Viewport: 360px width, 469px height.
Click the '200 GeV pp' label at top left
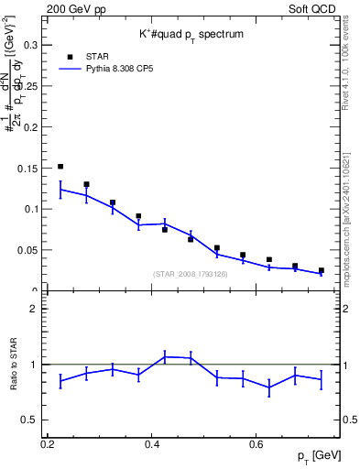pyautogui.click(x=74, y=7)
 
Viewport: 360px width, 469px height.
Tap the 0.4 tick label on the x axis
pyautogui.click(x=154, y=444)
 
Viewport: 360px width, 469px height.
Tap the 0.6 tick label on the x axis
pyautogui.click(x=259, y=444)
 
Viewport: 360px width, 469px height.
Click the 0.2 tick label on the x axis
pyautogui.click(x=48, y=444)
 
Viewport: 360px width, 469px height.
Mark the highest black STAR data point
pyautogui.click(x=60, y=167)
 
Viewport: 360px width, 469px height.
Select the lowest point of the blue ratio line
pyautogui.click(x=269, y=387)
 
